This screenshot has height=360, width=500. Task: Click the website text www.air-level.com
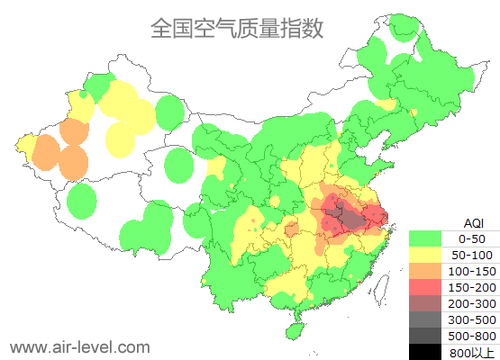(x=79, y=346)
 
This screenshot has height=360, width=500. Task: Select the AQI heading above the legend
(x=473, y=222)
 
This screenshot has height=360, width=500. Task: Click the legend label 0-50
(x=472, y=238)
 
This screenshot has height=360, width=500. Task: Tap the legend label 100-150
(x=472, y=271)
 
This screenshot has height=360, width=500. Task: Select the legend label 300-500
(x=472, y=319)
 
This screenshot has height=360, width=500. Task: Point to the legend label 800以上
(x=472, y=352)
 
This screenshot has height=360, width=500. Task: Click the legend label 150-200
(x=472, y=287)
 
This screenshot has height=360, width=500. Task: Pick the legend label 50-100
(x=472, y=255)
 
